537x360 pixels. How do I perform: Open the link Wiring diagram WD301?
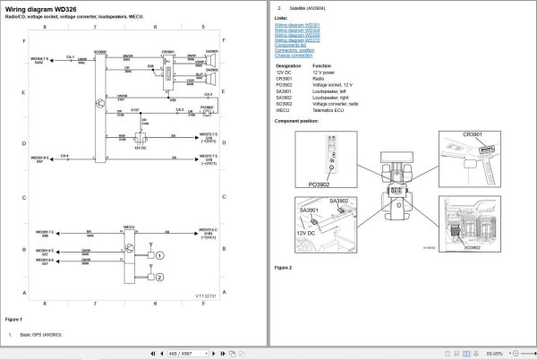[297, 25]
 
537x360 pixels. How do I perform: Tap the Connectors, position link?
[295, 51]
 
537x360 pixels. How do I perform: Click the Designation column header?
[288, 66]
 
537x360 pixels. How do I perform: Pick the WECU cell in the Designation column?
[282, 111]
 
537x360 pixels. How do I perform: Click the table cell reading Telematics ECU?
[331, 111]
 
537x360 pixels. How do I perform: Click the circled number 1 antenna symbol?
[159, 256]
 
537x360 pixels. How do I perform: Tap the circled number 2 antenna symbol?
[159, 277]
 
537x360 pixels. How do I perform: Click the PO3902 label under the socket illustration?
[320, 184]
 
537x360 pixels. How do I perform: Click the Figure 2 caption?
[283, 268]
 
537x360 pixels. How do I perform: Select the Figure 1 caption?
[13, 319]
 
